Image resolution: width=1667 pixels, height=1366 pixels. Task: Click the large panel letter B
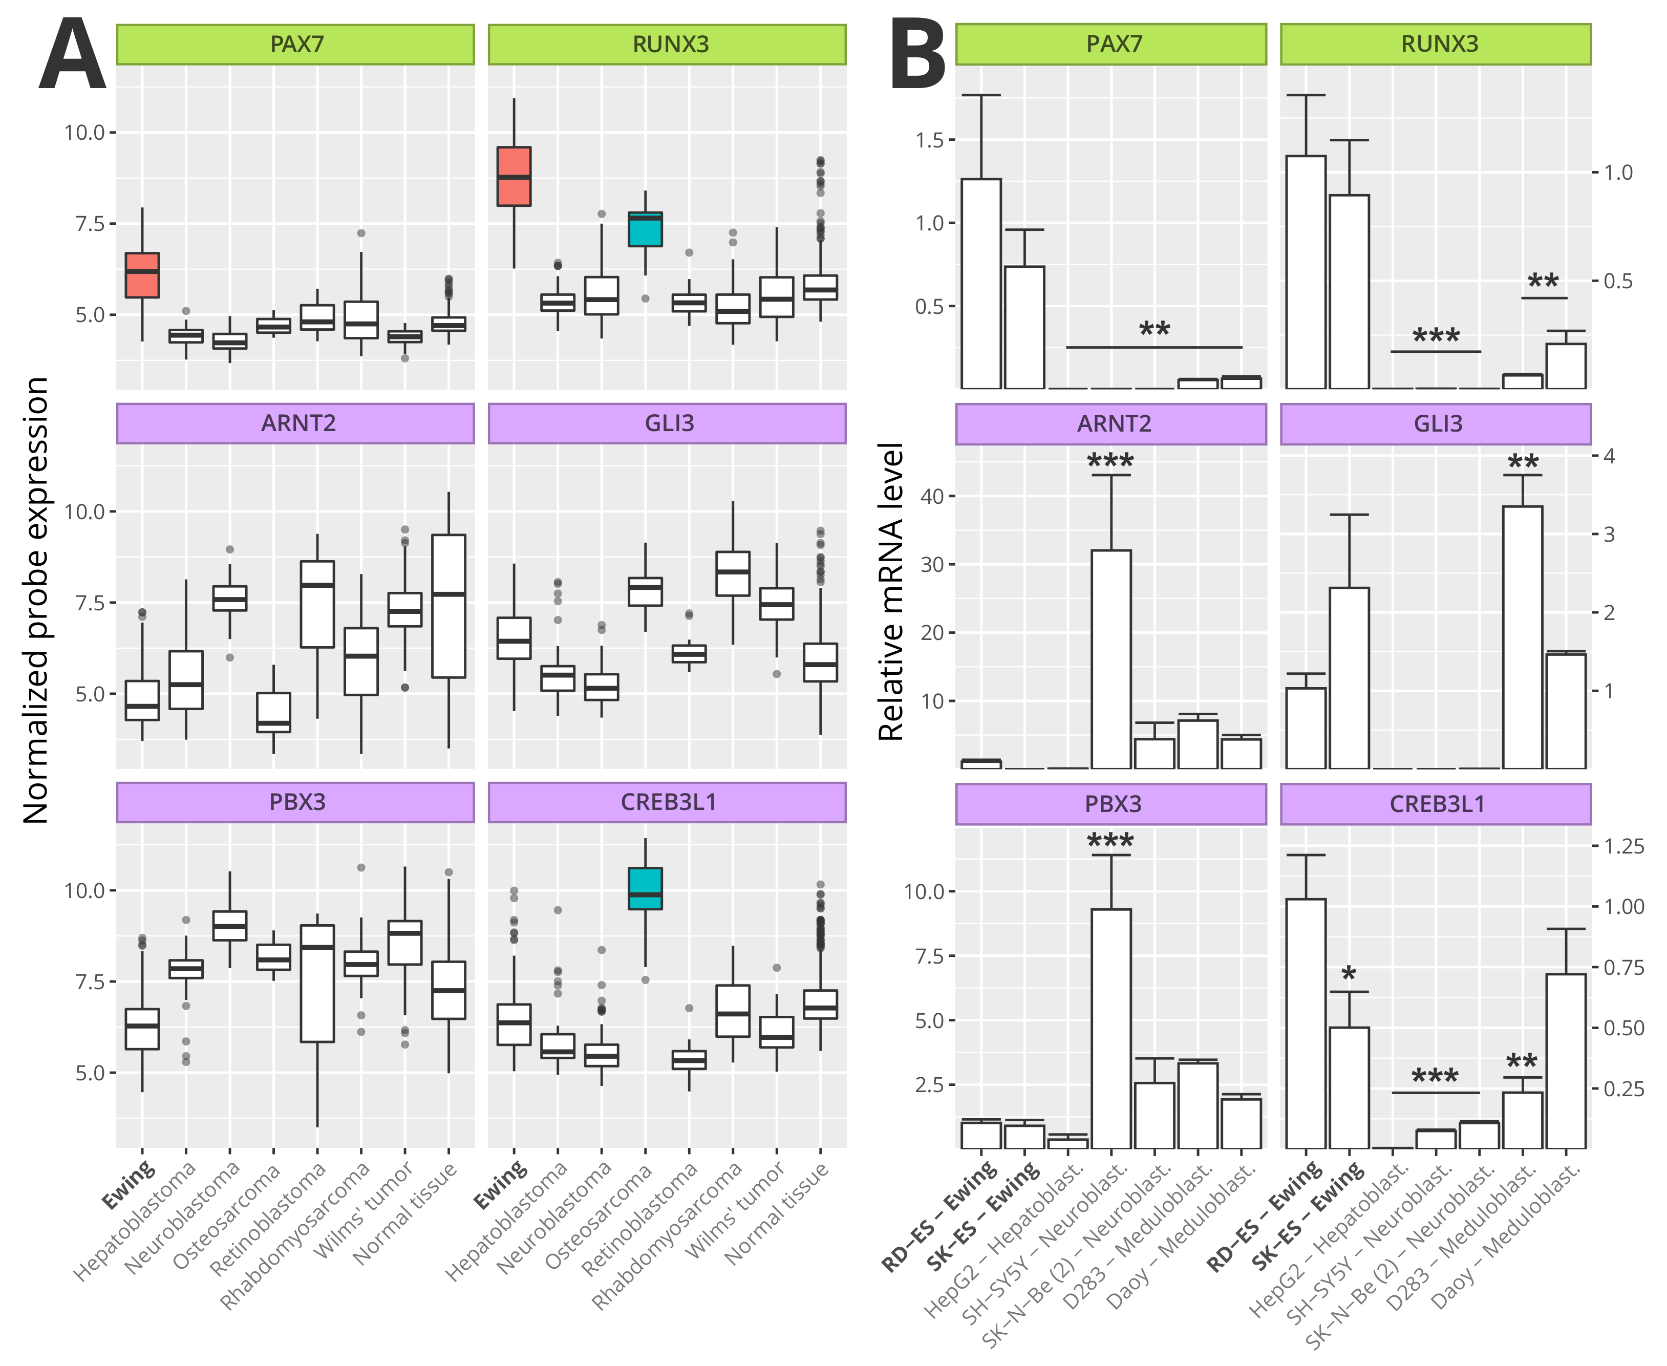[917, 55]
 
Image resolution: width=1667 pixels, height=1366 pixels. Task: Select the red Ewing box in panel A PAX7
[142, 275]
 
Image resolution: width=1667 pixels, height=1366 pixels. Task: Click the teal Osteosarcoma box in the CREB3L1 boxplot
[645, 888]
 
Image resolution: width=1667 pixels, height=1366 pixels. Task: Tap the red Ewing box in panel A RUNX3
[514, 176]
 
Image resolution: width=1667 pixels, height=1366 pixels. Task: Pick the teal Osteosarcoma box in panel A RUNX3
[645, 229]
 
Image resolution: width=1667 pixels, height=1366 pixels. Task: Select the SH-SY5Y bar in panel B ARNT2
[1111, 659]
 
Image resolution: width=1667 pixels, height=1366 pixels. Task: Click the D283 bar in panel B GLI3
[1522, 637]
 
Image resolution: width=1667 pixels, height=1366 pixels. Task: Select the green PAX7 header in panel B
[1111, 44]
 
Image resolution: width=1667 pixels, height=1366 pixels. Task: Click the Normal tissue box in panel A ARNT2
[448, 606]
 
